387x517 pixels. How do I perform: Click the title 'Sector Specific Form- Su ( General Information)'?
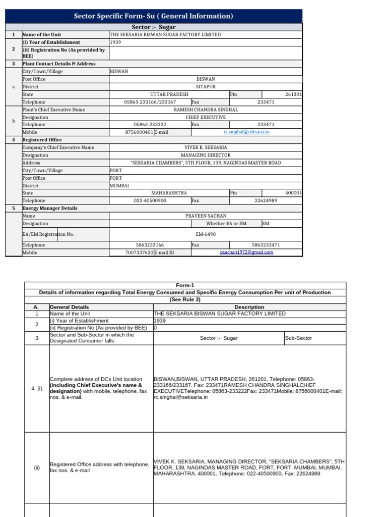[153, 16]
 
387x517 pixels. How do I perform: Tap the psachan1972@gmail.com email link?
[246, 252]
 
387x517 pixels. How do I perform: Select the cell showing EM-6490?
[206, 234]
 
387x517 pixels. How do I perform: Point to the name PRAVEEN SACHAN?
[206, 216]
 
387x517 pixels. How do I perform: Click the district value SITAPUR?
[206, 87]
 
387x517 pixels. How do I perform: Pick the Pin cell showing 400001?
[293, 193]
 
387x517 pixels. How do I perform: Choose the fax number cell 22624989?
[266, 200]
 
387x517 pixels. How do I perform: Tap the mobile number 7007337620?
[139, 252]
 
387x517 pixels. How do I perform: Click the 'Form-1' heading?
[185, 285]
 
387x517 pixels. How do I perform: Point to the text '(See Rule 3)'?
[185, 299]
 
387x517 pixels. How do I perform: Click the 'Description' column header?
[249, 307]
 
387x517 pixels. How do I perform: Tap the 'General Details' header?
[70, 307]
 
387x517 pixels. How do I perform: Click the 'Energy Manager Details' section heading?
[50, 208]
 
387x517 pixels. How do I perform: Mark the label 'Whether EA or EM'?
[226, 223]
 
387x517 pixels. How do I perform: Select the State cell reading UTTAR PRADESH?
[169, 94]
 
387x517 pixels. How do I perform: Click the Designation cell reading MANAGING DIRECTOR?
[206, 155]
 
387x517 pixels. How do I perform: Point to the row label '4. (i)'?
[36, 388]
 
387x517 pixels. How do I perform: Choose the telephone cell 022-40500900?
[150, 200]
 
